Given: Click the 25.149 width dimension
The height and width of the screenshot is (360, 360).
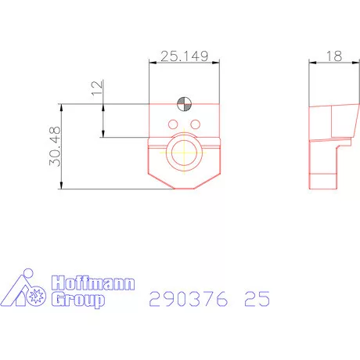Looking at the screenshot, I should click(x=183, y=56).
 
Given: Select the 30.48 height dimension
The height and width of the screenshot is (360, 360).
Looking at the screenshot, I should click(x=55, y=146).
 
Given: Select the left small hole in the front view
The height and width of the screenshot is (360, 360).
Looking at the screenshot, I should click(x=172, y=124).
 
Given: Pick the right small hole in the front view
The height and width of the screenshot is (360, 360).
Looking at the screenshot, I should click(x=195, y=124).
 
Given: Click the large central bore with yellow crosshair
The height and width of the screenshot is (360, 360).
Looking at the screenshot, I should click(x=184, y=152).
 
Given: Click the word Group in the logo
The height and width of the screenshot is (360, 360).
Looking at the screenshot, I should click(x=77, y=301).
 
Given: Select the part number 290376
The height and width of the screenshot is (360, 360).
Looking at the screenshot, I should click(x=188, y=299).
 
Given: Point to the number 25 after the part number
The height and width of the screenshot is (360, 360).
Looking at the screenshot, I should click(x=257, y=299).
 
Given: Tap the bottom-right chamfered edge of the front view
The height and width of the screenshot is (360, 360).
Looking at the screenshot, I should click(x=209, y=180).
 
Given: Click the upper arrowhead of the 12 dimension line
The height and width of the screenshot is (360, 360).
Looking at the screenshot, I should click(x=103, y=105).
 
